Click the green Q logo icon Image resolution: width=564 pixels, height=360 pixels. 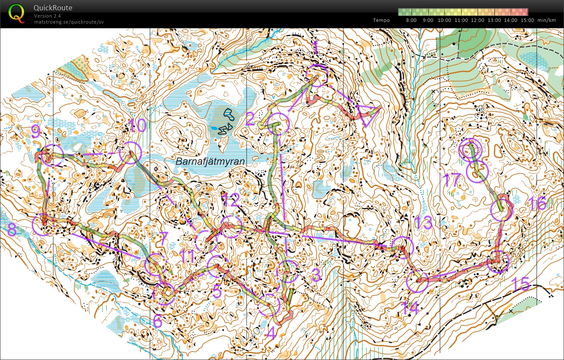16,13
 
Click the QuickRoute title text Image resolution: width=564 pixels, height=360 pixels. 53,8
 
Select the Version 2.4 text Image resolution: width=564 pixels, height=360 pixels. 47,16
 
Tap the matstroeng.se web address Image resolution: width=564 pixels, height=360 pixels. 69,21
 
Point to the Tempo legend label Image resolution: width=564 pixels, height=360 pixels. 381,20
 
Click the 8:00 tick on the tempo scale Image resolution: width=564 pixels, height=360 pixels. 411,20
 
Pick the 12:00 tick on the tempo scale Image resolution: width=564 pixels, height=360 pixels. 478,20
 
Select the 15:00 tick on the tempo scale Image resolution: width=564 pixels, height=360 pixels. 527,20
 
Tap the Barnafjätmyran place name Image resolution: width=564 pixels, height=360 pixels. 210,162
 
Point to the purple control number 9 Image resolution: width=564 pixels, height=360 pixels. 36,132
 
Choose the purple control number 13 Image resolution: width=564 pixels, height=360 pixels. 423,223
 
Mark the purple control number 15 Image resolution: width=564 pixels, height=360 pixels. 520,284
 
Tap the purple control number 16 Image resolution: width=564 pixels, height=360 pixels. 537,203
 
